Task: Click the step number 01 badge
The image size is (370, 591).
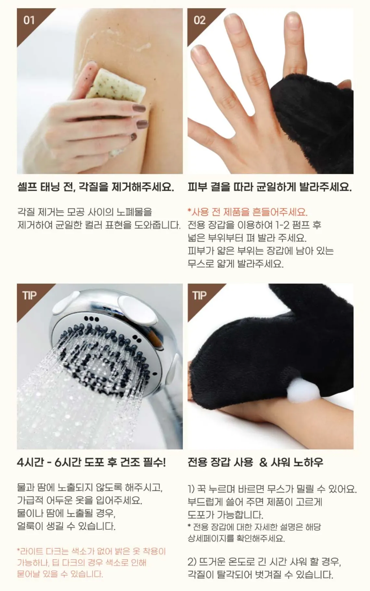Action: click(29, 20)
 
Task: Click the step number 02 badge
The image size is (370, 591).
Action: click(199, 20)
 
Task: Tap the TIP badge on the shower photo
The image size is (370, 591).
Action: click(29, 295)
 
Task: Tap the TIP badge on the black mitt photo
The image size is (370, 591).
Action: click(199, 295)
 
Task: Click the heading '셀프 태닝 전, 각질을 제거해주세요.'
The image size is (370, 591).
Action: click(95, 187)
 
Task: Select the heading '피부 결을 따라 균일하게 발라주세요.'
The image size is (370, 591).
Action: click(270, 187)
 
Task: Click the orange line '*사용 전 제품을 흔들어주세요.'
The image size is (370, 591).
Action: click(248, 212)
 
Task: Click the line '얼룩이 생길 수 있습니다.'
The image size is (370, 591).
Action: click(66, 526)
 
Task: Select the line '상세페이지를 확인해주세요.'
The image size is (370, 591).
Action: click(236, 538)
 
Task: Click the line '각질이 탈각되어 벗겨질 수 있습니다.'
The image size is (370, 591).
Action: click(260, 574)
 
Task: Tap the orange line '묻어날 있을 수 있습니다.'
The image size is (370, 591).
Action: click(60, 574)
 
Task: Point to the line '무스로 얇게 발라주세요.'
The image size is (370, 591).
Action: click(236, 263)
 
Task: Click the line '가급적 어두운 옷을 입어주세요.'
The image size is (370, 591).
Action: click(80, 500)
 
